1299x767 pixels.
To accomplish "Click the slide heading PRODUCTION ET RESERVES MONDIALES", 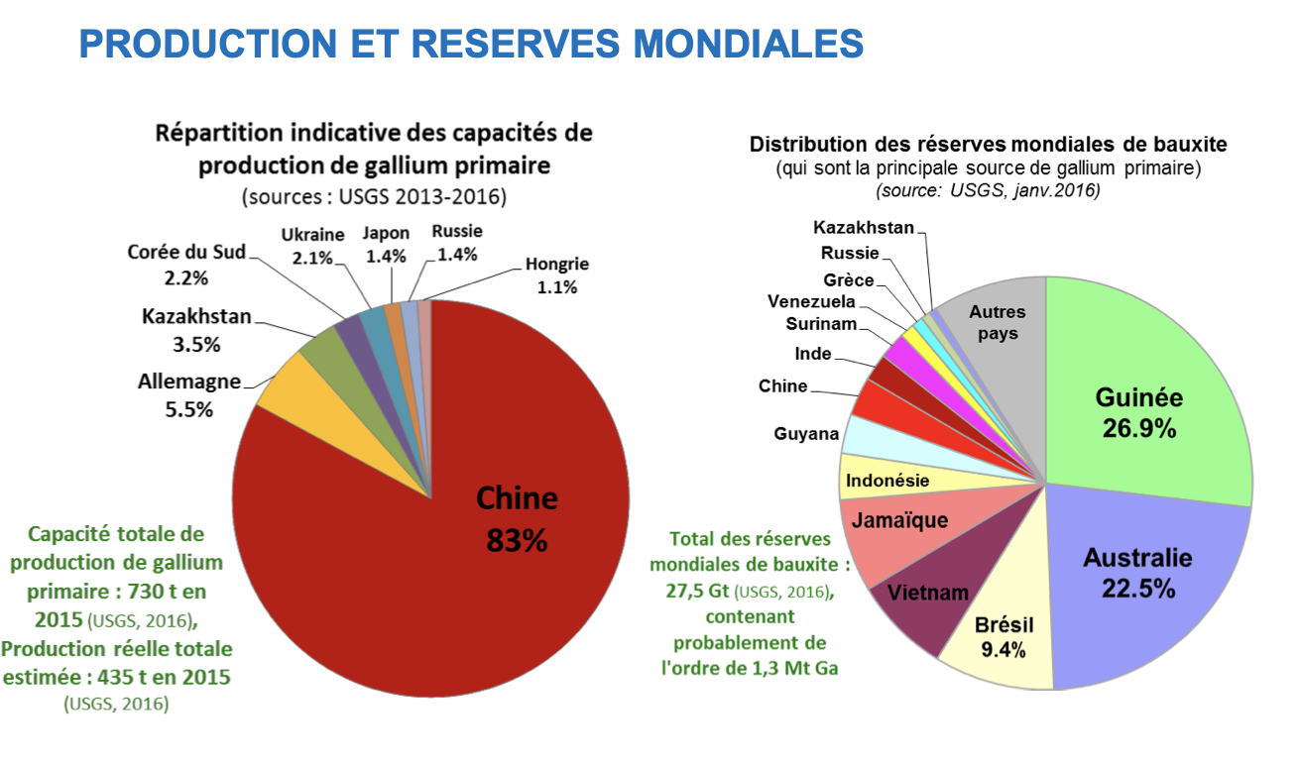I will coord(471,44).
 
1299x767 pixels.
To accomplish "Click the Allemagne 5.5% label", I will coord(188,395).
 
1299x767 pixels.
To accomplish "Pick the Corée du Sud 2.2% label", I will coord(186,265).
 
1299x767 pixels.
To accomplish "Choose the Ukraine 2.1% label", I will coord(312,244).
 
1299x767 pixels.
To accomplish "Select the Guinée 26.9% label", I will coord(1138,412).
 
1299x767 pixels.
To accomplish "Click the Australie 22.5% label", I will coord(1137,572).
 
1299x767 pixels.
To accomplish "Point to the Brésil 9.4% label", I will coord(1004,637).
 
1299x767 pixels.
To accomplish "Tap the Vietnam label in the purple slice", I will coord(927,593).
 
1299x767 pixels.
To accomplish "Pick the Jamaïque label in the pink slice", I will coord(900,520).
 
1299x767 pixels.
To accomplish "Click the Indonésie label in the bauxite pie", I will coord(887,481).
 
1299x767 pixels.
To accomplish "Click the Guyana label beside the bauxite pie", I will coord(806,434).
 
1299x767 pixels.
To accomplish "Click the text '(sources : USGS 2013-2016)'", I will coord(374,196).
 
